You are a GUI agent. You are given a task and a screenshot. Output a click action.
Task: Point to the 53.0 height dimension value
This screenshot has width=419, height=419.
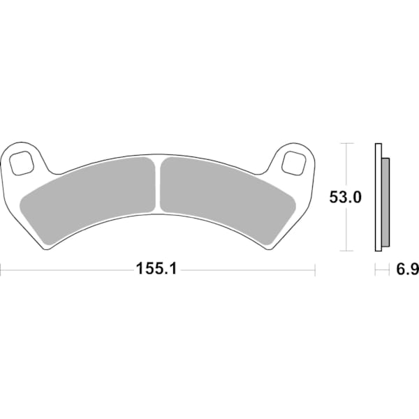[345, 198]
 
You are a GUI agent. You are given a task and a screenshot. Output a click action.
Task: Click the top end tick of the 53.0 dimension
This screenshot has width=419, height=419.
[346, 143]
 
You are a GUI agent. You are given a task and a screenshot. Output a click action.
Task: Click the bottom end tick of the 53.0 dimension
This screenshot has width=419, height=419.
[346, 251]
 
